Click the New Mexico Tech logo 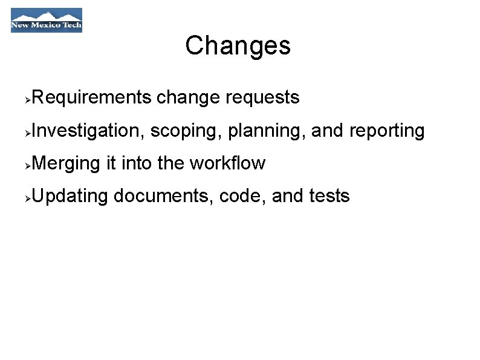pos(47,20)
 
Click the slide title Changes pos(238,45)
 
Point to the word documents pos(164,196)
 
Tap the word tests pos(328,196)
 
